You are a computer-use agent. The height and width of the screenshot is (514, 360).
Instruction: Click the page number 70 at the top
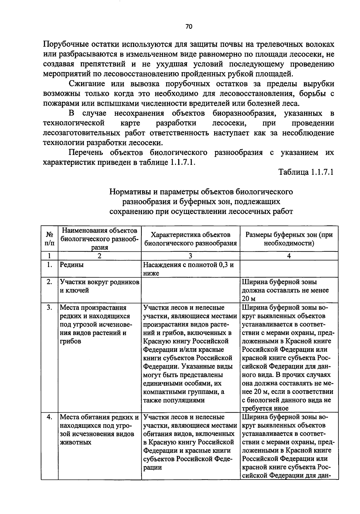click(x=188, y=27)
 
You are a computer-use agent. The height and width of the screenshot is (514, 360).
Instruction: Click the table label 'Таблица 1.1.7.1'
click(x=306, y=172)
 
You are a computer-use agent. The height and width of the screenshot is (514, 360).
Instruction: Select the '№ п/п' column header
click(x=49, y=239)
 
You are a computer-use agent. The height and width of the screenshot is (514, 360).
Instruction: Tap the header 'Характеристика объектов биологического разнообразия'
click(x=190, y=239)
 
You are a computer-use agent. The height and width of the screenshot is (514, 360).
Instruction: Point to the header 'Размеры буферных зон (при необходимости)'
click(x=289, y=239)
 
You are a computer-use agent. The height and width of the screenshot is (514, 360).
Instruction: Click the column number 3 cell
click(x=190, y=256)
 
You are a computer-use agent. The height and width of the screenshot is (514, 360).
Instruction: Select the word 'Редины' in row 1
click(x=72, y=265)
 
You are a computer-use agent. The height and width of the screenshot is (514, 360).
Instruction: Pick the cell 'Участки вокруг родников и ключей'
click(x=99, y=286)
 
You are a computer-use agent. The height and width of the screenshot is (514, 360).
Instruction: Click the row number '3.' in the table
click(x=50, y=308)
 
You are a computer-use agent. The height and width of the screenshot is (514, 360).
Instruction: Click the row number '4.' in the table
click(x=50, y=417)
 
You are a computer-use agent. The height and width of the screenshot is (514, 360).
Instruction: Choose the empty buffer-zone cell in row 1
click(x=289, y=269)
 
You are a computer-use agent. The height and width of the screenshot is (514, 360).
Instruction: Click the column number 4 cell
click(x=289, y=256)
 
